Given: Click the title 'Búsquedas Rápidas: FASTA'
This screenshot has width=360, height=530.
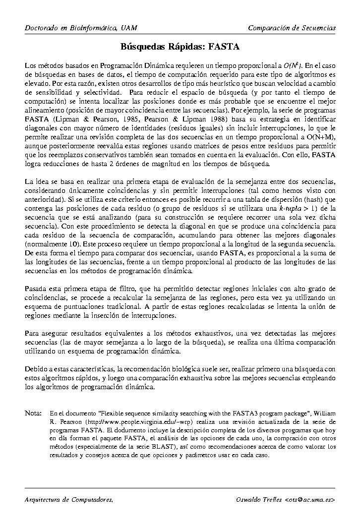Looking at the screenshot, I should pos(180,47).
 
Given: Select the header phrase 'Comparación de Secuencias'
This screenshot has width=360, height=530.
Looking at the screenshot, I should pos(292,28).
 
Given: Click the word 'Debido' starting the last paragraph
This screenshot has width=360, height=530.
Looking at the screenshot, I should pos(36,369).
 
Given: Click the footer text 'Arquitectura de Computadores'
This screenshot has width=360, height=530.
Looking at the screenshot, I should pos(68,499).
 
